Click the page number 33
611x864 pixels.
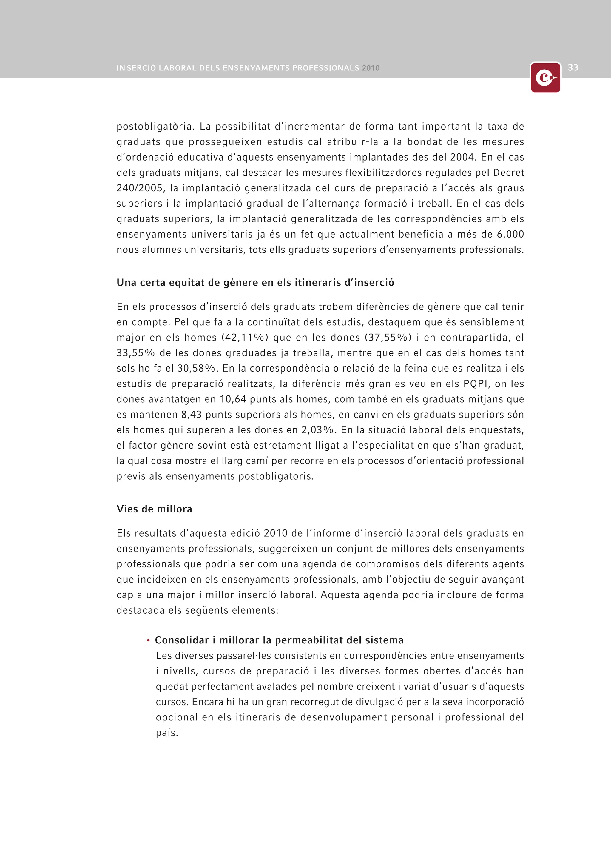(573, 68)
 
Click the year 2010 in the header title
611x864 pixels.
(371, 68)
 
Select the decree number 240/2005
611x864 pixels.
(140, 188)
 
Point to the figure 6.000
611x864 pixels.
(510, 235)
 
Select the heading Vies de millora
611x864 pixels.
(154, 509)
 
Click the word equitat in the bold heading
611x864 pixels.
(186, 283)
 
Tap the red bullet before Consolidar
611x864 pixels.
(149, 640)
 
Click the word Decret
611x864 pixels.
(508, 173)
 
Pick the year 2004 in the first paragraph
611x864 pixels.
(463, 157)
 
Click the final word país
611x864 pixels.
(167, 733)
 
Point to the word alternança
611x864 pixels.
(333, 204)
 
